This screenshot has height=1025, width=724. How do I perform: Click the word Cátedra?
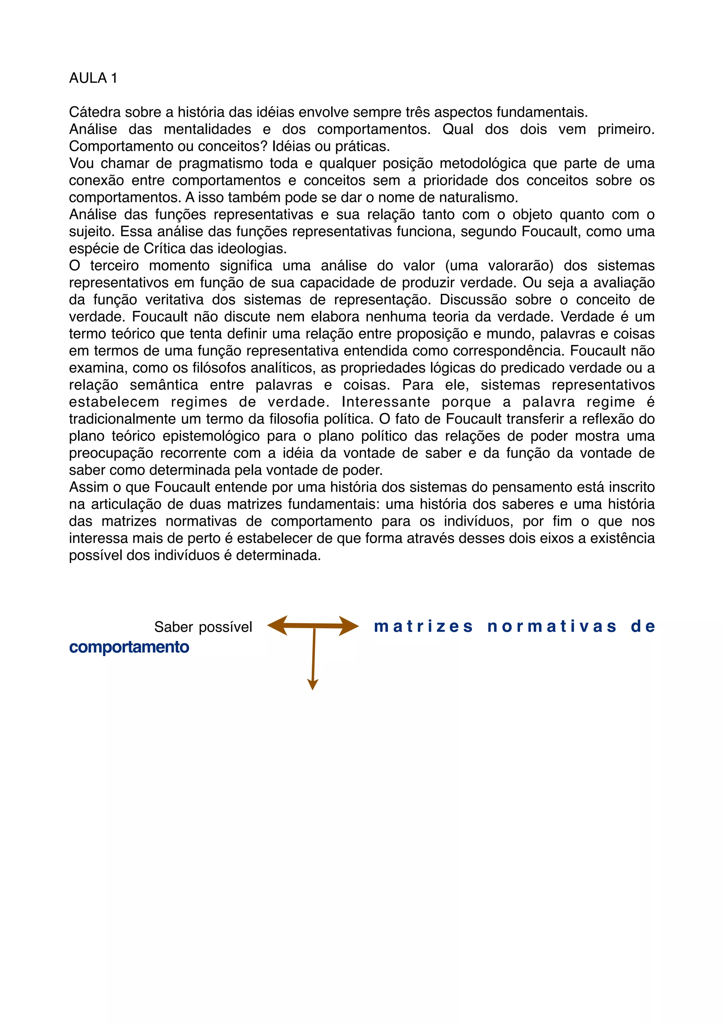click(95, 112)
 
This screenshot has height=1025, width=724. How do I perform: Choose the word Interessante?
click(385, 402)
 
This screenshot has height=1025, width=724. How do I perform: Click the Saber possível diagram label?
click(203, 627)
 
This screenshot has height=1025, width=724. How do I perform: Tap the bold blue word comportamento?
click(129, 647)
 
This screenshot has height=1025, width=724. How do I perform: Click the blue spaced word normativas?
click(552, 627)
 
